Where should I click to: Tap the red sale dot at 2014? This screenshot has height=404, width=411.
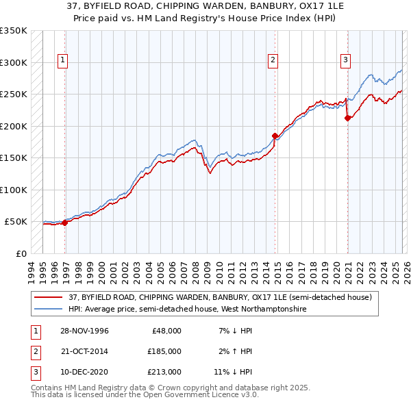(x=275, y=136)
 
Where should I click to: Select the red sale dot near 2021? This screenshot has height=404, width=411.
(x=348, y=118)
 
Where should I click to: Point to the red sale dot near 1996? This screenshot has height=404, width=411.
(x=65, y=223)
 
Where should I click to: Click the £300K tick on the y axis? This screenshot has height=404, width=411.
(x=13, y=62)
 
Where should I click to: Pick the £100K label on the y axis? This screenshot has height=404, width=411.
(x=13, y=190)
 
